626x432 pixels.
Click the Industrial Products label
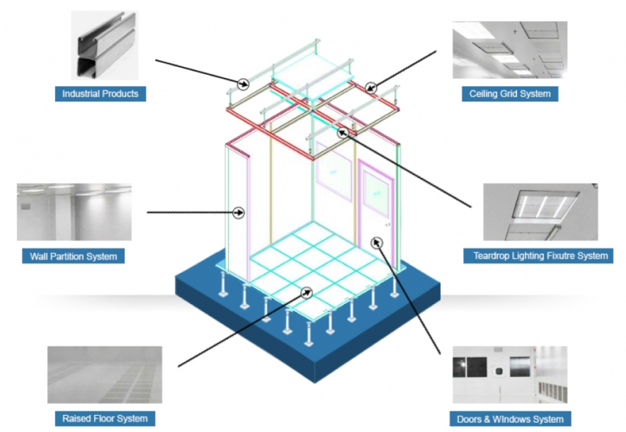point(100,93)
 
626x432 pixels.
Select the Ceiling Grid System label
point(509,93)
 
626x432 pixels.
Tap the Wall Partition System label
point(74,255)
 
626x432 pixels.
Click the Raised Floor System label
point(104,418)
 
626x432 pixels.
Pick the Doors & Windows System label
point(510,419)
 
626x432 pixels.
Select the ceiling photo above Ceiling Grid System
point(509,49)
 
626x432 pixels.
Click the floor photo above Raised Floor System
point(104,375)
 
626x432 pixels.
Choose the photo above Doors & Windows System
point(510,375)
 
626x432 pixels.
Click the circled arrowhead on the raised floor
point(306,291)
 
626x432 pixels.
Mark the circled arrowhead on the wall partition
point(239,211)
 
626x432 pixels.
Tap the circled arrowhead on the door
point(376,243)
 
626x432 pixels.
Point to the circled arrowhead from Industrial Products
point(243,83)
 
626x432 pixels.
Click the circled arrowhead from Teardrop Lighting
point(343,131)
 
